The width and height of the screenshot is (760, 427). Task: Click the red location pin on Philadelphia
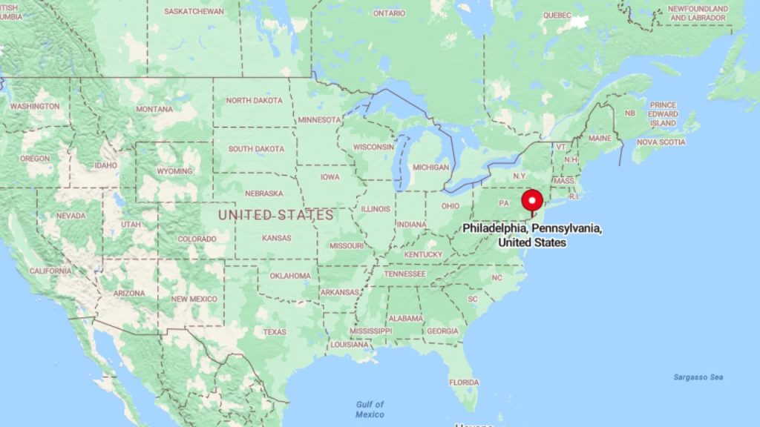tap(532, 201)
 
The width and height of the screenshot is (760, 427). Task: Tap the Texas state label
tap(274, 331)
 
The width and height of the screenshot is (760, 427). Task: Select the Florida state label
tap(463, 382)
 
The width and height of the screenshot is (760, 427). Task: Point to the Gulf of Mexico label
tap(369, 408)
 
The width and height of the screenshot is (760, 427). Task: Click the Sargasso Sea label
tap(698, 377)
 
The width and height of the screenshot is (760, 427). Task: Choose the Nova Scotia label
tap(661, 142)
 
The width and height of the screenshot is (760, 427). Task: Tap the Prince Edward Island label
tap(663, 114)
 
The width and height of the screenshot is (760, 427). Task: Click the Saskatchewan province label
tap(194, 12)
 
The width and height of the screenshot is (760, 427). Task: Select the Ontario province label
tap(389, 13)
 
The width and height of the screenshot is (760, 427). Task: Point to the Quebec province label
tap(557, 15)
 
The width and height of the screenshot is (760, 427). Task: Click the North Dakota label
tap(254, 100)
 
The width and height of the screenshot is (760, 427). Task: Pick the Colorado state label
tap(197, 239)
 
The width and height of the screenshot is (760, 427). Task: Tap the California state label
tap(50, 271)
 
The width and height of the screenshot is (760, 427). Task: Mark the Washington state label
tap(35, 106)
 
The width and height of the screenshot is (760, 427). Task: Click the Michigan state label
tap(430, 167)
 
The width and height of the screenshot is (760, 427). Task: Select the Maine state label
tap(600, 138)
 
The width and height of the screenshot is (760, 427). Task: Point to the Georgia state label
tap(442, 331)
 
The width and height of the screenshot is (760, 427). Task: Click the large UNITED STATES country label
tap(275, 215)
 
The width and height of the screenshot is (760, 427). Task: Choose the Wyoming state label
tap(174, 171)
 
